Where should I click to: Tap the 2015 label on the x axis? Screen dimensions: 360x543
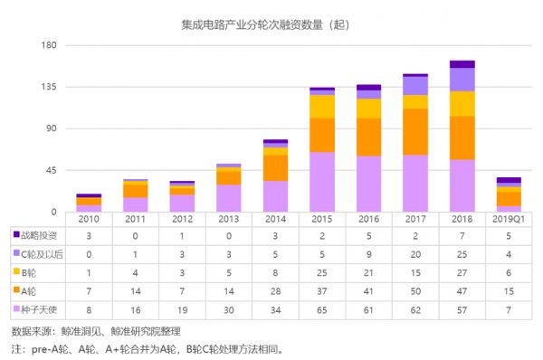(321, 220)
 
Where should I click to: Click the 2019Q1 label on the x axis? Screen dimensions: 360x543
(508, 220)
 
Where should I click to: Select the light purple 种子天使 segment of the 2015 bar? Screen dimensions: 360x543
(321, 182)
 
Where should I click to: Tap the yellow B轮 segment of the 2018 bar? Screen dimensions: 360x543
(462, 103)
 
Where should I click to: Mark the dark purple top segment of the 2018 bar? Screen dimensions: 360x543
(462, 64)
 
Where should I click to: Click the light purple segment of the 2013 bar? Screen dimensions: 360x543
(228, 198)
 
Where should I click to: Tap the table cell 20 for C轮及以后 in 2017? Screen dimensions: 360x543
(414, 254)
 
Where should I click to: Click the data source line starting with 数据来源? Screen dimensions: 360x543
(90, 331)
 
